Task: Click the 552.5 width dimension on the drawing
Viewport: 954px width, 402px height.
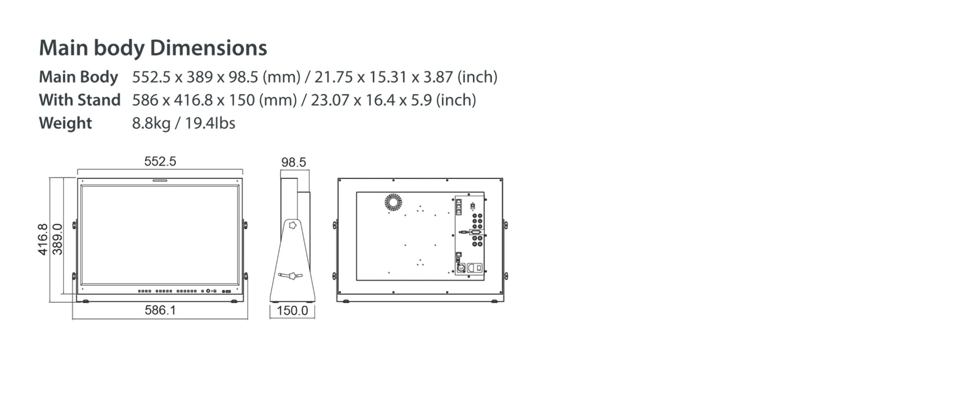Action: (x=160, y=161)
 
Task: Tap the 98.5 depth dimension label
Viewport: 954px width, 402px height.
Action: (x=294, y=162)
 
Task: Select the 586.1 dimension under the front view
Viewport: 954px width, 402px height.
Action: (x=160, y=310)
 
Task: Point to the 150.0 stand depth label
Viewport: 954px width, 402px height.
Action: (x=292, y=311)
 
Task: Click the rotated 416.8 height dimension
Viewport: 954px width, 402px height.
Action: (x=43, y=240)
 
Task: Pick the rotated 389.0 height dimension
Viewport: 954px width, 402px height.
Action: (x=57, y=239)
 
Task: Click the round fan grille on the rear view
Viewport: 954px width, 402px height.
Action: (x=393, y=202)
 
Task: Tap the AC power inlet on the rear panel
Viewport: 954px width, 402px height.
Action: (x=475, y=268)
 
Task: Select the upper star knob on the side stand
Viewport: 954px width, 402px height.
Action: (x=293, y=226)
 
